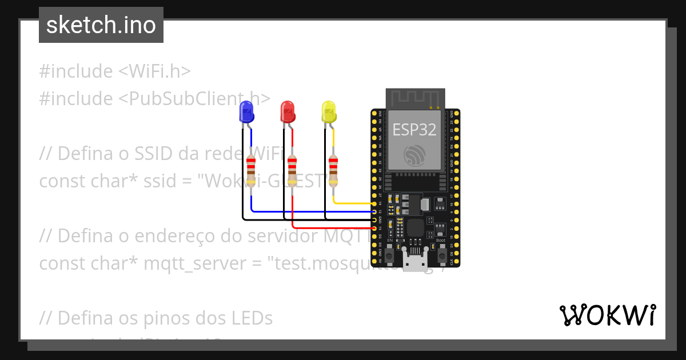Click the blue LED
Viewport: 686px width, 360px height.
(x=246, y=111)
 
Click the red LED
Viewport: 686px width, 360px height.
(x=288, y=111)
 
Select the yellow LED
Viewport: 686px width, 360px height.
(x=329, y=111)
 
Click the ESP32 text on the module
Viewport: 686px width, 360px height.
(x=414, y=130)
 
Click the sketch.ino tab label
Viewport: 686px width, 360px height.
(x=101, y=25)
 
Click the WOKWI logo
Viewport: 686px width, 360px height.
(x=607, y=315)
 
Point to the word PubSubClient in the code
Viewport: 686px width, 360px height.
(x=182, y=98)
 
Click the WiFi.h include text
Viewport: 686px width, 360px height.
(x=154, y=71)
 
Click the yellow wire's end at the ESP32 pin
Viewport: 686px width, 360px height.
(x=374, y=203)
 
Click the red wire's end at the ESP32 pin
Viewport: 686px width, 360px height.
(x=374, y=228)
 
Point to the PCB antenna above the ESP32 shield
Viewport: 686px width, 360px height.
(x=415, y=98)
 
